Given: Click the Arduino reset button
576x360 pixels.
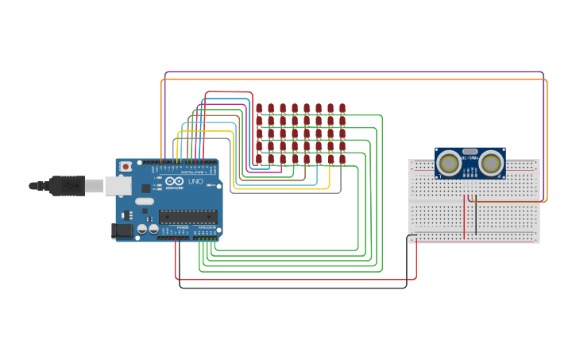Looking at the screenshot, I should click(x=126, y=166).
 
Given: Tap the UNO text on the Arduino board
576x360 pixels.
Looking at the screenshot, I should click(x=195, y=182).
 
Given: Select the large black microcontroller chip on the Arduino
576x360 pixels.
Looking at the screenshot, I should click(x=187, y=216).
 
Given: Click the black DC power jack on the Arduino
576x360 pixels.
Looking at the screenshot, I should click(x=122, y=230).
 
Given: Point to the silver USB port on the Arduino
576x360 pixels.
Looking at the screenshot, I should click(x=118, y=185).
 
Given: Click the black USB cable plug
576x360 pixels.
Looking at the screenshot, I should click(x=67, y=186).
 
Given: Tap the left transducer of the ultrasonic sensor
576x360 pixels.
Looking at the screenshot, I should click(x=448, y=164).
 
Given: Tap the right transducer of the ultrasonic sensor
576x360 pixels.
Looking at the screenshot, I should click(x=491, y=164).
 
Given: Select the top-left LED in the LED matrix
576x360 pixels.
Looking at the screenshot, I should click(x=259, y=108).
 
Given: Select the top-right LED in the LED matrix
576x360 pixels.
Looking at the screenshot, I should click(x=342, y=108).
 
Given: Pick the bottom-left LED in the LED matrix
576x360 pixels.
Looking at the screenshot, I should click(x=259, y=159).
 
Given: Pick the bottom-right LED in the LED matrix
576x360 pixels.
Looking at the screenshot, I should click(x=342, y=159).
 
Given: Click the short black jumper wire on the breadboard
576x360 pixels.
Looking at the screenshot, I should click(x=476, y=219).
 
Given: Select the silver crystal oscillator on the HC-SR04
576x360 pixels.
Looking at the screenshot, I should click(x=470, y=151).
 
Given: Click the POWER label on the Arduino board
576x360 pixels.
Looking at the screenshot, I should click(x=182, y=226).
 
